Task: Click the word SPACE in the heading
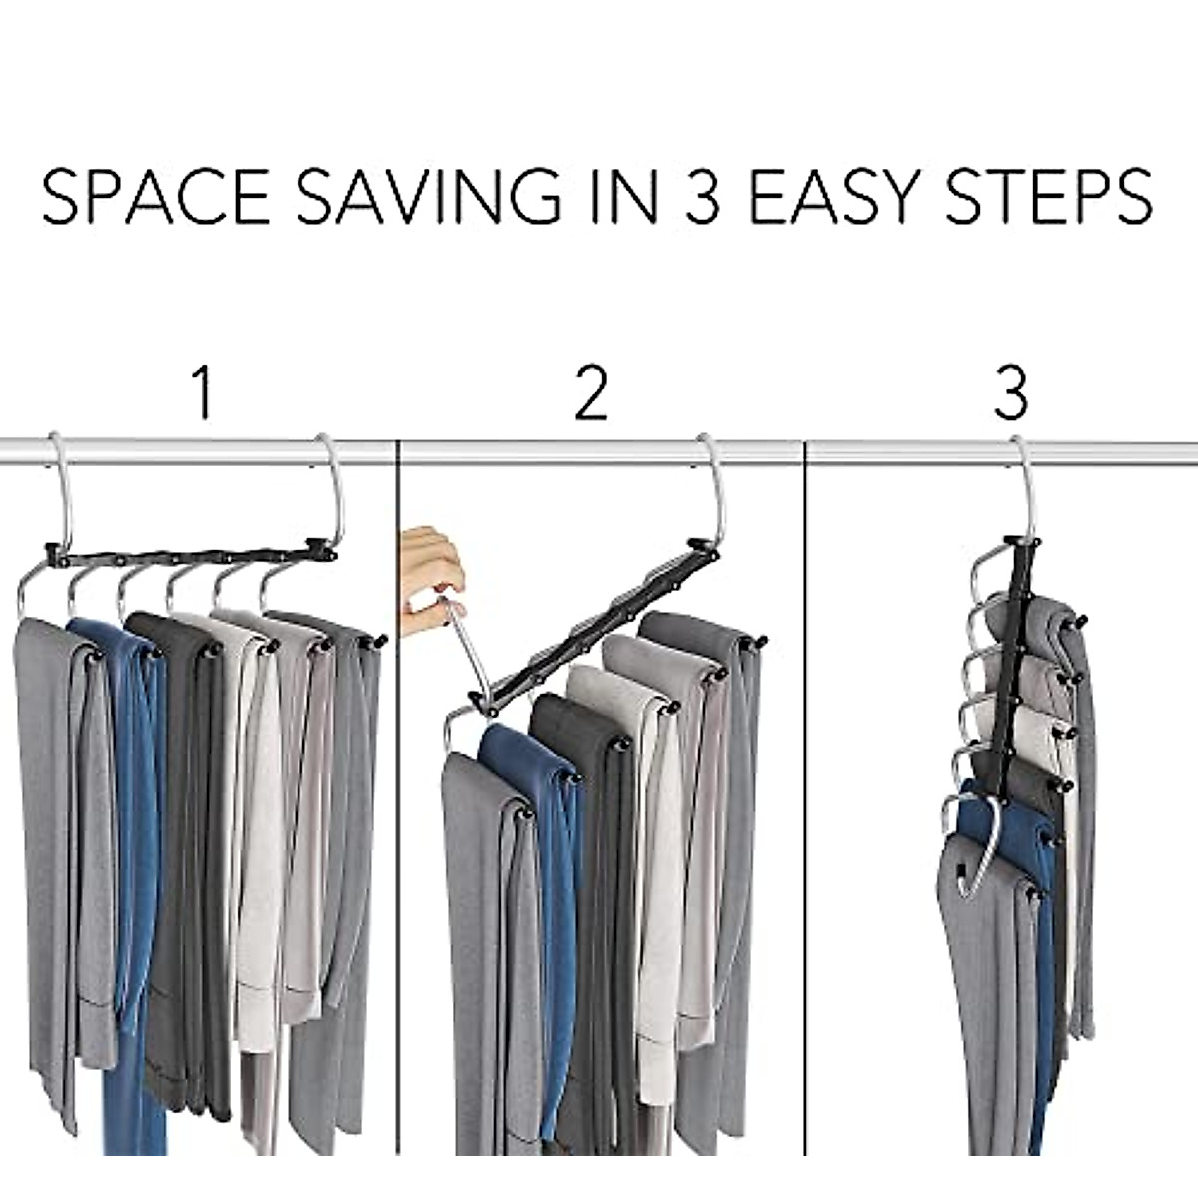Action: tap(156, 198)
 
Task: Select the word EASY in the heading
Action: tap(848, 198)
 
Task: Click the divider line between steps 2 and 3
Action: tap(805, 799)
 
